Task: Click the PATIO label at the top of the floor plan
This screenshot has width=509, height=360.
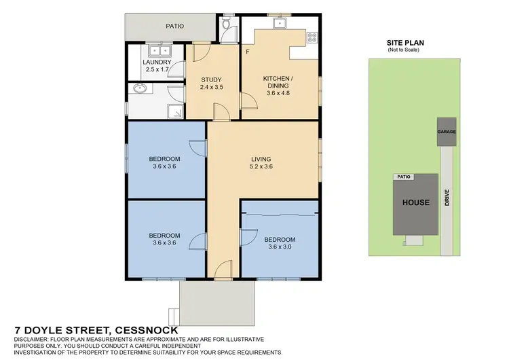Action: (176, 26)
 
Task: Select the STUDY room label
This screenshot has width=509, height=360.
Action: (211, 79)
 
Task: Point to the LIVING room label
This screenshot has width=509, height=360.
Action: (261, 160)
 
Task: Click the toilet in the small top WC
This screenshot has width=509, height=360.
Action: (226, 24)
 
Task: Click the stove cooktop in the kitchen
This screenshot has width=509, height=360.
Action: (312, 39)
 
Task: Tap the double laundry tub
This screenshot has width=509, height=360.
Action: (160, 50)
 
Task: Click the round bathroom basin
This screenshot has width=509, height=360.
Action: (141, 88)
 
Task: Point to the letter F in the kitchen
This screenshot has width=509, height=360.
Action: (248, 52)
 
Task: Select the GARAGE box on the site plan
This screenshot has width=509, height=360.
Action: (446, 132)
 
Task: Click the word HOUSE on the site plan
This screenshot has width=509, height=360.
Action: (415, 202)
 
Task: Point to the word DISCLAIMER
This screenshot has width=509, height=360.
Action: (32, 338)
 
